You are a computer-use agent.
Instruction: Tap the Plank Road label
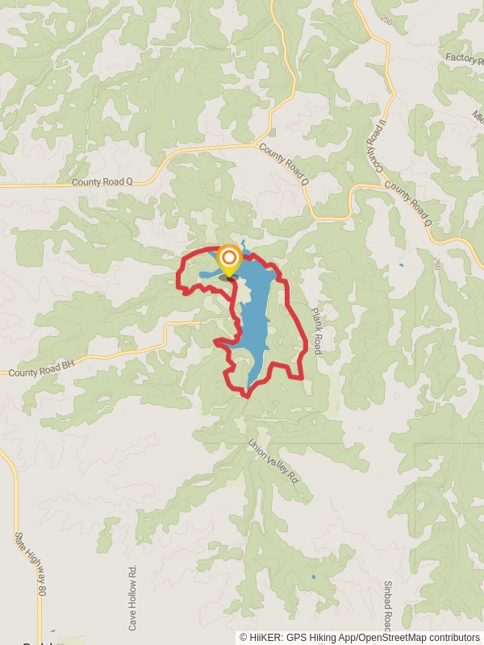[x=316, y=329]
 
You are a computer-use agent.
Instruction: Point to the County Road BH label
[x=40, y=372]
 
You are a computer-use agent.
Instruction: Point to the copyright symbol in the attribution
[x=244, y=637]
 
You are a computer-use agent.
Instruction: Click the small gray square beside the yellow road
[x=273, y=132]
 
